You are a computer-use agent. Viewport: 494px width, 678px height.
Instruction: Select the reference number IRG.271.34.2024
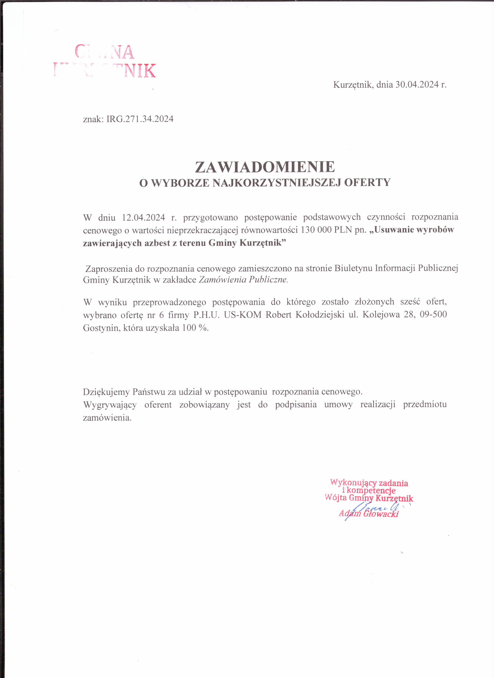tap(140, 119)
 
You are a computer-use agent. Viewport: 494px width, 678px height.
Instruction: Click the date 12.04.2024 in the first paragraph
tap(143, 217)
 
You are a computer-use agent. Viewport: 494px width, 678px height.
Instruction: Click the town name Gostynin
tap(102, 328)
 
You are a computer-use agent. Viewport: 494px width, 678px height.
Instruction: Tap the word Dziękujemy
tap(106, 392)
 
